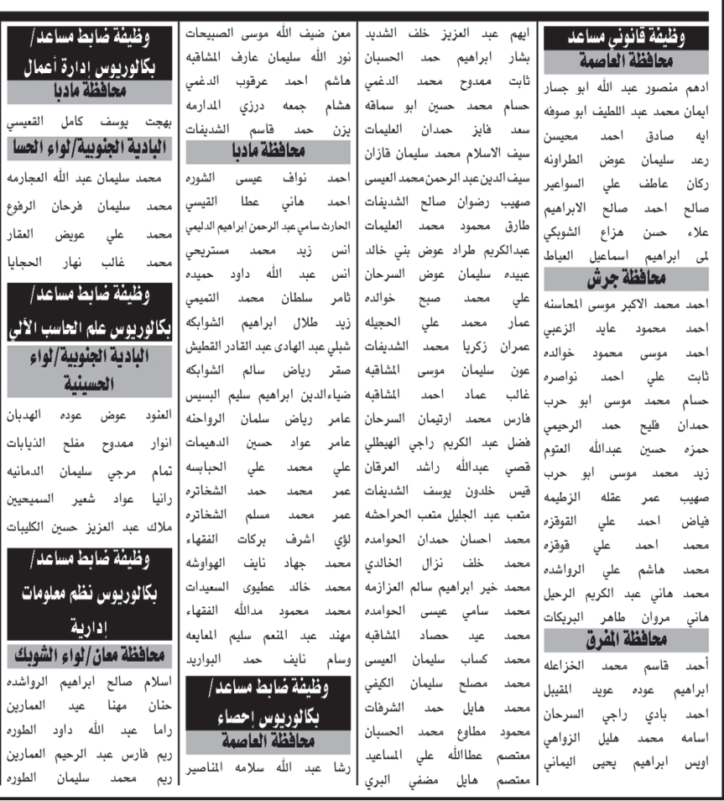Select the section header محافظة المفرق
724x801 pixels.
point(629,641)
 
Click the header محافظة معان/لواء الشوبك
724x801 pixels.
point(91,652)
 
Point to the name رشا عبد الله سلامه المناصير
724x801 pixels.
point(269,767)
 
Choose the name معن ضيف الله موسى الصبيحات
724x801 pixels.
point(269,35)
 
